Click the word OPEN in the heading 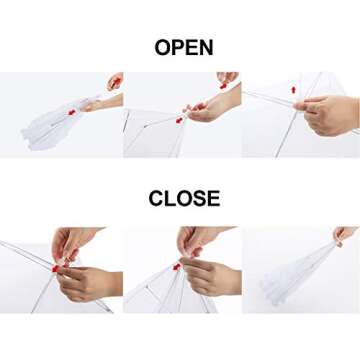point(184,47)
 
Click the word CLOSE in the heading point(184,198)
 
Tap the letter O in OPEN point(163,47)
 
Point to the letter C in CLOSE point(156,198)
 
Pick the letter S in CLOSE point(198,198)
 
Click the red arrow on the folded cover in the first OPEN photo point(72,112)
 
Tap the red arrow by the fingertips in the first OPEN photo point(115,83)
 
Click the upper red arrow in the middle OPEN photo point(223,86)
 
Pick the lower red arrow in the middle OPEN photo point(180,120)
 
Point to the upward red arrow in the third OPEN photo point(293,90)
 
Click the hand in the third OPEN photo point(328,115)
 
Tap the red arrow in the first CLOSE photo point(55,268)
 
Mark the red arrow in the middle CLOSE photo point(177,267)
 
